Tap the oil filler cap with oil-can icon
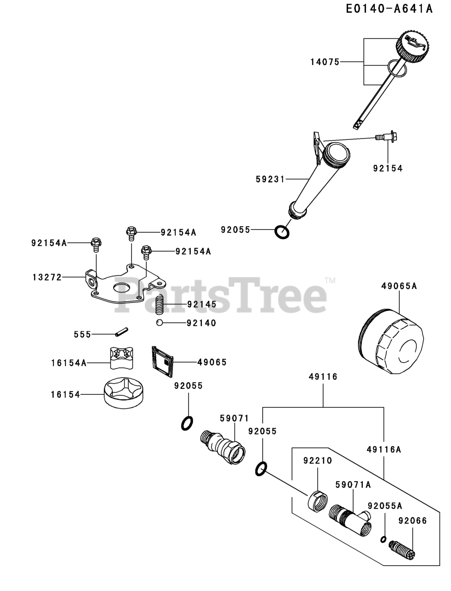click(x=412, y=46)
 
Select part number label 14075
click(x=325, y=61)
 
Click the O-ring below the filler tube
click(x=282, y=232)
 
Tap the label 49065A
click(x=399, y=286)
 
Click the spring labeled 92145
click(x=160, y=305)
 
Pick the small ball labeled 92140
click(x=158, y=323)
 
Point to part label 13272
click(x=47, y=277)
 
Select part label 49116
click(x=323, y=377)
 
